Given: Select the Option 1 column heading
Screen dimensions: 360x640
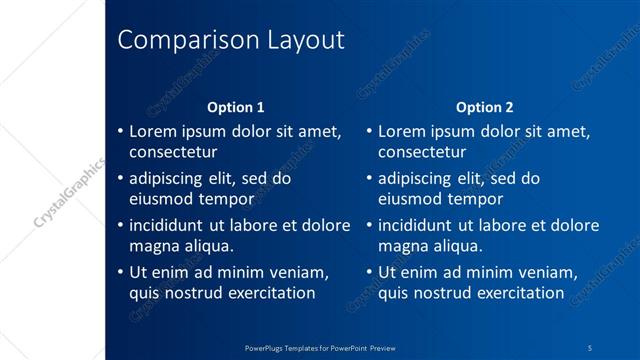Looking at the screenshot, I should point(236,107).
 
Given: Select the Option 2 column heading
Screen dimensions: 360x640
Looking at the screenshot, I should point(485,107).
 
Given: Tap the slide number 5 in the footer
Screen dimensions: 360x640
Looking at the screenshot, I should point(590,347).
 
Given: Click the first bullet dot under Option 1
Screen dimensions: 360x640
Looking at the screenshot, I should point(120,132).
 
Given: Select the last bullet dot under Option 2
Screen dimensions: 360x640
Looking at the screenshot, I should point(369,273).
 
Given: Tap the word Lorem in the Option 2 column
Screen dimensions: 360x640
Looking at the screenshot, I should point(401,131).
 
